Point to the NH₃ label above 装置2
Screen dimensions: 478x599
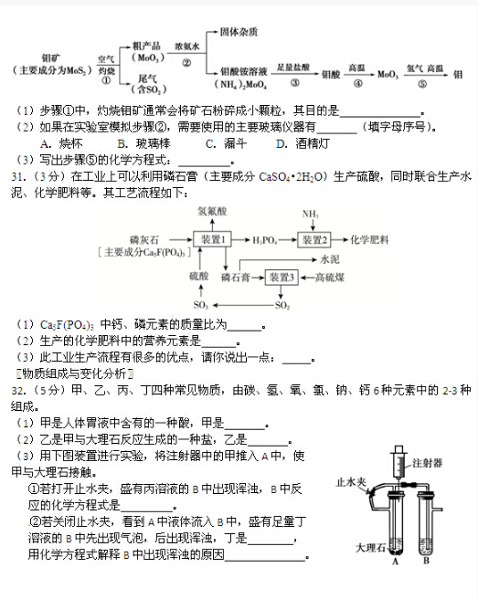click(313, 215)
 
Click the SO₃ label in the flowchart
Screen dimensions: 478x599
click(199, 305)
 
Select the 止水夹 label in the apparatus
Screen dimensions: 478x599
click(352, 479)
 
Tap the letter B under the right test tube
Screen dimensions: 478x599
click(425, 562)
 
